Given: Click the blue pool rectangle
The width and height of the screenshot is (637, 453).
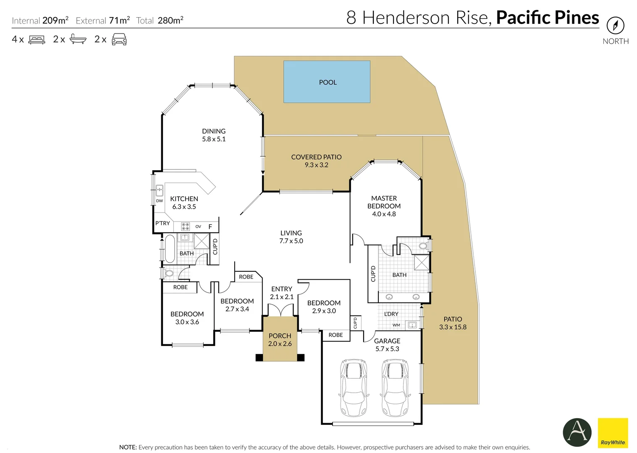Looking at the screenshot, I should (x=327, y=82).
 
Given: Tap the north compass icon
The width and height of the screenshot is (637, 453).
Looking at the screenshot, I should (x=615, y=26).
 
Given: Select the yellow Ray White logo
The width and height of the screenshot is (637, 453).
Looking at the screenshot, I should (x=613, y=433).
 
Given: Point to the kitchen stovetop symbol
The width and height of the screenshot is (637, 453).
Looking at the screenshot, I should (x=185, y=226).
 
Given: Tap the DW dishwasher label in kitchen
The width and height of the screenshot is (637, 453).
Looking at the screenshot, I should (x=160, y=201).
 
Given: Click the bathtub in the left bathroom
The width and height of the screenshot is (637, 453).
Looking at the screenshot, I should (x=170, y=249).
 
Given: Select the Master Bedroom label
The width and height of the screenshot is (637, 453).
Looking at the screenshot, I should (x=384, y=202).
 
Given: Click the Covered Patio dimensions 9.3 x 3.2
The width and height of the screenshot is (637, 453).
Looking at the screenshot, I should (x=317, y=165).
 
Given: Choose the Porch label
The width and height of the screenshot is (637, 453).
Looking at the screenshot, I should (x=280, y=336).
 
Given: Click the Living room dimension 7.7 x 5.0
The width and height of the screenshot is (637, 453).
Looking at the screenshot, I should (x=291, y=241).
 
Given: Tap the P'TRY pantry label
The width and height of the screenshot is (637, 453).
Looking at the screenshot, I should (x=163, y=223).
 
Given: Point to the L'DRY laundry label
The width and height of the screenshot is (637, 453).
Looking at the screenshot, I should (x=391, y=314).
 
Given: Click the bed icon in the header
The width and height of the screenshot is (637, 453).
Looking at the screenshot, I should (x=37, y=39).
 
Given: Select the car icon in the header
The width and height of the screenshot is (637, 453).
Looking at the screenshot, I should (x=119, y=39).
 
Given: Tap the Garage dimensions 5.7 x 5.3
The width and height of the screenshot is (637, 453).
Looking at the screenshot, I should (x=387, y=349).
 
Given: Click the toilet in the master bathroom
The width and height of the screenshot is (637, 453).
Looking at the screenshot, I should (x=424, y=245).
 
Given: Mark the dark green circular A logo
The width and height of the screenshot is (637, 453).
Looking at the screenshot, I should (x=577, y=432).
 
